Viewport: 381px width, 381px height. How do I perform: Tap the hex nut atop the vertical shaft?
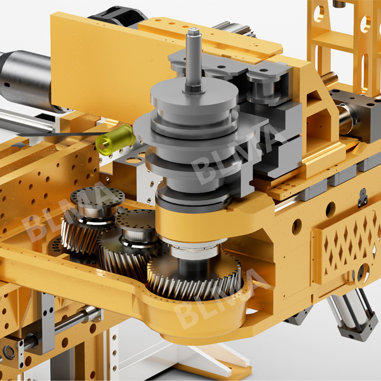point(191,32)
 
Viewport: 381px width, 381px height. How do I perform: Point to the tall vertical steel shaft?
point(193,60)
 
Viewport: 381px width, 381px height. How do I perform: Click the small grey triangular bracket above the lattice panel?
point(363,197)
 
